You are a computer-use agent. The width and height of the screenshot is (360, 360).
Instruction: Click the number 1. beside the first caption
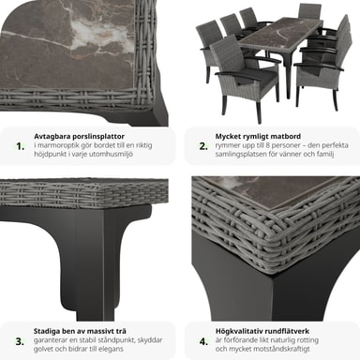pyautogui.click(x=21, y=146)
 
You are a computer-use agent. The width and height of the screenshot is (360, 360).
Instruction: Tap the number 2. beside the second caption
pyautogui.click(x=203, y=146)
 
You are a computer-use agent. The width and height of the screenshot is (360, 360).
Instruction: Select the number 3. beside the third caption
pyautogui.click(x=20, y=341)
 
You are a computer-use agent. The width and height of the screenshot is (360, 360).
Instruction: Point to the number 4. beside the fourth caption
pyautogui.click(x=203, y=341)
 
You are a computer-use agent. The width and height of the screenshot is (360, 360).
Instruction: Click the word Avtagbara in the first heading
pyautogui.click(x=52, y=137)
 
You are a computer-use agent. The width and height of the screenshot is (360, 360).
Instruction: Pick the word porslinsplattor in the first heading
pyautogui.click(x=98, y=137)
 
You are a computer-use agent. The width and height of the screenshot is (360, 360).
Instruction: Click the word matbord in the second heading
pyautogui.click(x=286, y=137)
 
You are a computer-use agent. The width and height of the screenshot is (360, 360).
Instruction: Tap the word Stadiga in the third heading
pyautogui.click(x=47, y=331)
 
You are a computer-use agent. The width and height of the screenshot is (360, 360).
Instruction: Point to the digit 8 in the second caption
pyautogui.click(x=268, y=145)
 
